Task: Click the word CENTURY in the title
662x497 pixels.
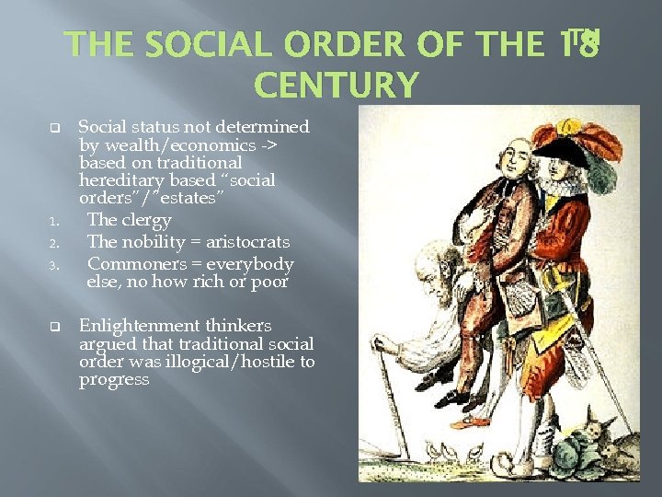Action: pos(336,86)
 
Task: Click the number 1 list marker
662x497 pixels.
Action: pos(54,222)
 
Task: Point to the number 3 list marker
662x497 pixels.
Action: pos(54,266)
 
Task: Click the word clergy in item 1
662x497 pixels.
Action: pos(145,220)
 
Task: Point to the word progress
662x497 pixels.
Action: pos(114,379)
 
